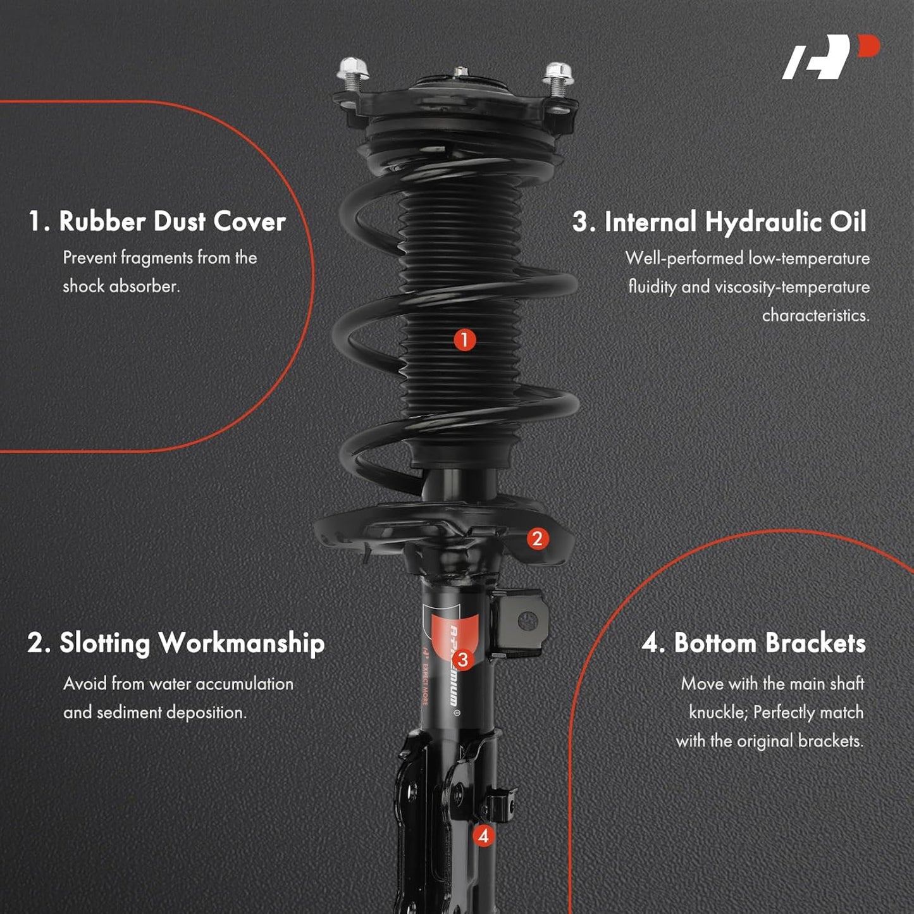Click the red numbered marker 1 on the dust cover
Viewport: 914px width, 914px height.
(464, 340)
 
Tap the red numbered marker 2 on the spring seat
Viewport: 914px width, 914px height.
(538, 539)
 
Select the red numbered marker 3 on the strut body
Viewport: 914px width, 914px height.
(462, 659)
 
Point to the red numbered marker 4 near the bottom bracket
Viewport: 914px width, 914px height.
(483, 836)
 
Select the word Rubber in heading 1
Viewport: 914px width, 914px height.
(102, 221)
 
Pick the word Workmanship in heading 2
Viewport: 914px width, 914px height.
(242, 644)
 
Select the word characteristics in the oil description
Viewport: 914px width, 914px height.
(816, 316)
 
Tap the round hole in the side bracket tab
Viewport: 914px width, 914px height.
(526, 621)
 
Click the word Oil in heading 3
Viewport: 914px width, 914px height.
(848, 221)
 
